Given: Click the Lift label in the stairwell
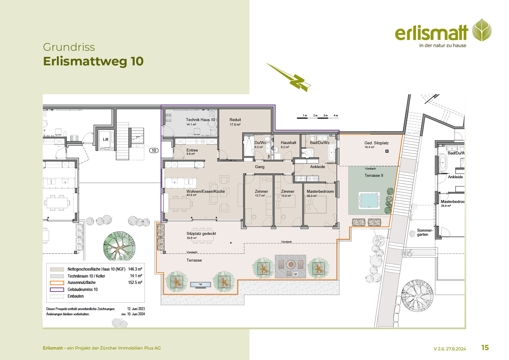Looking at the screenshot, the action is [106, 139].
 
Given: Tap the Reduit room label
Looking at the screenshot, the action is [235, 120].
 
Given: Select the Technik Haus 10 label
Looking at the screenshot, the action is [201, 120].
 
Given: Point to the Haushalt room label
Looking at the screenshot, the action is [288, 143].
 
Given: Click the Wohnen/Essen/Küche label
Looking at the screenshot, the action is [206, 191].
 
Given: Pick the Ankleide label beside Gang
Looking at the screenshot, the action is [317, 167].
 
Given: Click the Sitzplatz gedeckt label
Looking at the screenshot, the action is [201, 233].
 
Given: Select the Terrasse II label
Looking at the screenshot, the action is [374, 175].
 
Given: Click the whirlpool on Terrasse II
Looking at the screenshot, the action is [369, 200].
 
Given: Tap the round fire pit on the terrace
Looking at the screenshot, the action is [290, 264].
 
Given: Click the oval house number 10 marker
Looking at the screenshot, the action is [154, 150].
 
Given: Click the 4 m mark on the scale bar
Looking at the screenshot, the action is [336, 116].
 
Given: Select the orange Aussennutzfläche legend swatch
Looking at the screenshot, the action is [57, 283].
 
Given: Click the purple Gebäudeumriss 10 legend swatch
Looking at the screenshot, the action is [57, 289].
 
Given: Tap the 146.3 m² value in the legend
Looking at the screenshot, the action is [135, 269].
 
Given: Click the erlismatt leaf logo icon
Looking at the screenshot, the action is [482, 30].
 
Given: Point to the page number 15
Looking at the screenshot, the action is [485, 348].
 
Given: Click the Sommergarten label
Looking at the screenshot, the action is [425, 232].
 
